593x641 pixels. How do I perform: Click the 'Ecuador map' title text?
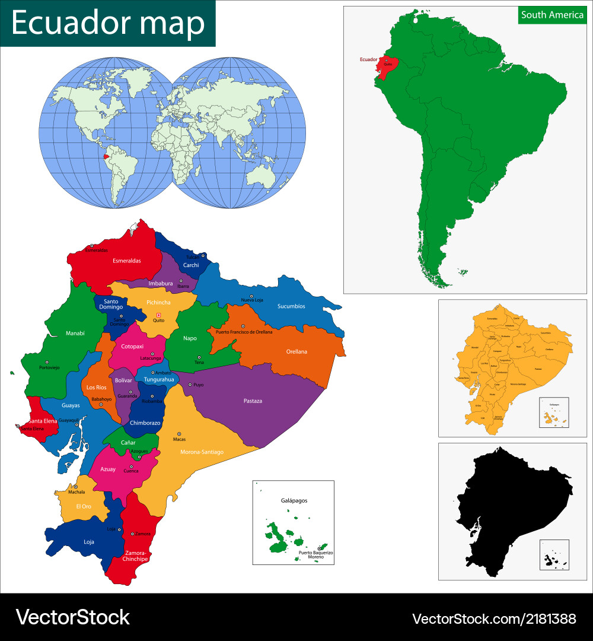(107, 23)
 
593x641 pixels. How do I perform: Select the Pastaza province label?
(253, 401)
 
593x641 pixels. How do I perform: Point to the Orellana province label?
(296, 351)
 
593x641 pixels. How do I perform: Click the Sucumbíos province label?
(291, 306)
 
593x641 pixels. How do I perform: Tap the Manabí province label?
(75, 334)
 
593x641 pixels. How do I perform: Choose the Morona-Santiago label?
(202, 452)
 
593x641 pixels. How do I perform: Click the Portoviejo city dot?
(47, 362)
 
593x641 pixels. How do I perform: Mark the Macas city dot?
(179, 434)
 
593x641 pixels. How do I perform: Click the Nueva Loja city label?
(251, 300)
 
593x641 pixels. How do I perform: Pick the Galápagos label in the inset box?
(294, 500)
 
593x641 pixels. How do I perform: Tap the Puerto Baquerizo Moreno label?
(315, 555)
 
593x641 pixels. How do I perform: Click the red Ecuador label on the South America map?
(368, 59)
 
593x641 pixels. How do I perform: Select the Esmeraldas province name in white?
(127, 261)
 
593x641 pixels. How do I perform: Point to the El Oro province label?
(84, 506)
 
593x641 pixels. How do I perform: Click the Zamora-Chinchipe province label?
(136, 556)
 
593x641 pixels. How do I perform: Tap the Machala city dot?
(75, 487)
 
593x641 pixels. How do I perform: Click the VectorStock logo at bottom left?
(72, 617)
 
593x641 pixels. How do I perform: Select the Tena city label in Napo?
(199, 362)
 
